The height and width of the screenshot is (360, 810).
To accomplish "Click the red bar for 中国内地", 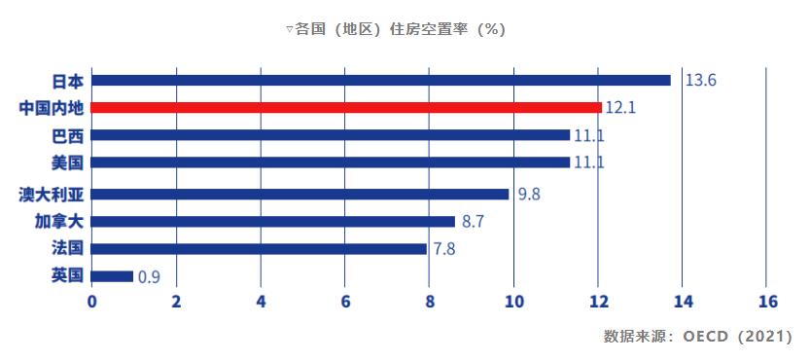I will pyautogui.click(x=347, y=107).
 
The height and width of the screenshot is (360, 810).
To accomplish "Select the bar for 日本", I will pyautogui.click(x=381, y=80).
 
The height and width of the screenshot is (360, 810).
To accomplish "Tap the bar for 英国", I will pyautogui.click(x=113, y=276).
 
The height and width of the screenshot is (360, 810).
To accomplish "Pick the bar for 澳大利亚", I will pyautogui.click(x=300, y=194).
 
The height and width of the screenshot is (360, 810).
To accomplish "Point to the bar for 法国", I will pyautogui.click(x=260, y=249).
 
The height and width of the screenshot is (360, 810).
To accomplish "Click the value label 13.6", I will pyautogui.click(x=700, y=80).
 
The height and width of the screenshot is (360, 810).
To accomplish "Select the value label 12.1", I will pyautogui.click(x=619, y=107).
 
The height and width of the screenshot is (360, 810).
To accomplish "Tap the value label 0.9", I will pyautogui.click(x=149, y=277).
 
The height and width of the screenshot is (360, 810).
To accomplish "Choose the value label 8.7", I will pyautogui.click(x=474, y=222).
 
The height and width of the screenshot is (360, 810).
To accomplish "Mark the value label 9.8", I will pyautogui.click(x=529, y=194).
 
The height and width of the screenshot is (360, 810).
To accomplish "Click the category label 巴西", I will pyautogui.click(x=68, y=134).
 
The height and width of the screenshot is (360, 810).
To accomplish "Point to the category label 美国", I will pyautogui.click(x=68, y=162).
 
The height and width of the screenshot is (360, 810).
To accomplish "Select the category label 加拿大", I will pyautogui.click(x=59, y=221).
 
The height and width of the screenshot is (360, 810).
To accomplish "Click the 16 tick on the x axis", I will pyautogui.click(x=766, y=302).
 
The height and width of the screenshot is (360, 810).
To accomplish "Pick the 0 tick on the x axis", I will pyautogui.click(x=92, y=302).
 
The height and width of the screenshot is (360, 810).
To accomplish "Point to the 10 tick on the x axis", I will pyautogui.click(x=512, y=302).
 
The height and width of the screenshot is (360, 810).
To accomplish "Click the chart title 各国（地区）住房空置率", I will pyautogui.click(x=400, y=29).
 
